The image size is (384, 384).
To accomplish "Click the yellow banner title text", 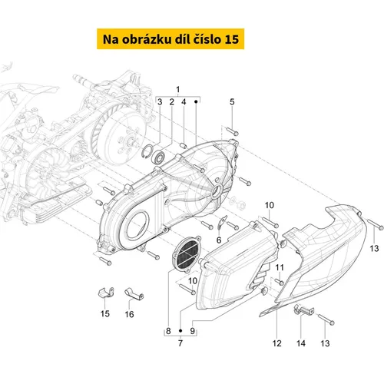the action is pyautogui.click(x=170, y=39).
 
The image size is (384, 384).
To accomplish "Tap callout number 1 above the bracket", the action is pyautogui.click(x=178, y=90).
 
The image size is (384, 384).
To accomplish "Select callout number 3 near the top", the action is pyautogui.click(x=160, y=102).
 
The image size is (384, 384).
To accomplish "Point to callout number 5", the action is pyautogui.click(x=232, y=101).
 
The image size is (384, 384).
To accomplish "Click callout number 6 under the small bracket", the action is pyautogui.click(x=219, y=240).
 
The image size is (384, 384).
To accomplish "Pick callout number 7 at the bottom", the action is pyautogui.click(x=180, y=343).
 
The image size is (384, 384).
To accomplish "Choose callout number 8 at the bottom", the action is pyautogui.click(x=168, y=331).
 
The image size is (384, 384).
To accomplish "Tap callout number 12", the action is pyautogui.click(x=277, y=343).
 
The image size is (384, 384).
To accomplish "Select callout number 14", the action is pyautogui.click(x=301, y=343).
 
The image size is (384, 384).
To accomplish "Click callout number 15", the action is pyautogui.click(x=105, y=313).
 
